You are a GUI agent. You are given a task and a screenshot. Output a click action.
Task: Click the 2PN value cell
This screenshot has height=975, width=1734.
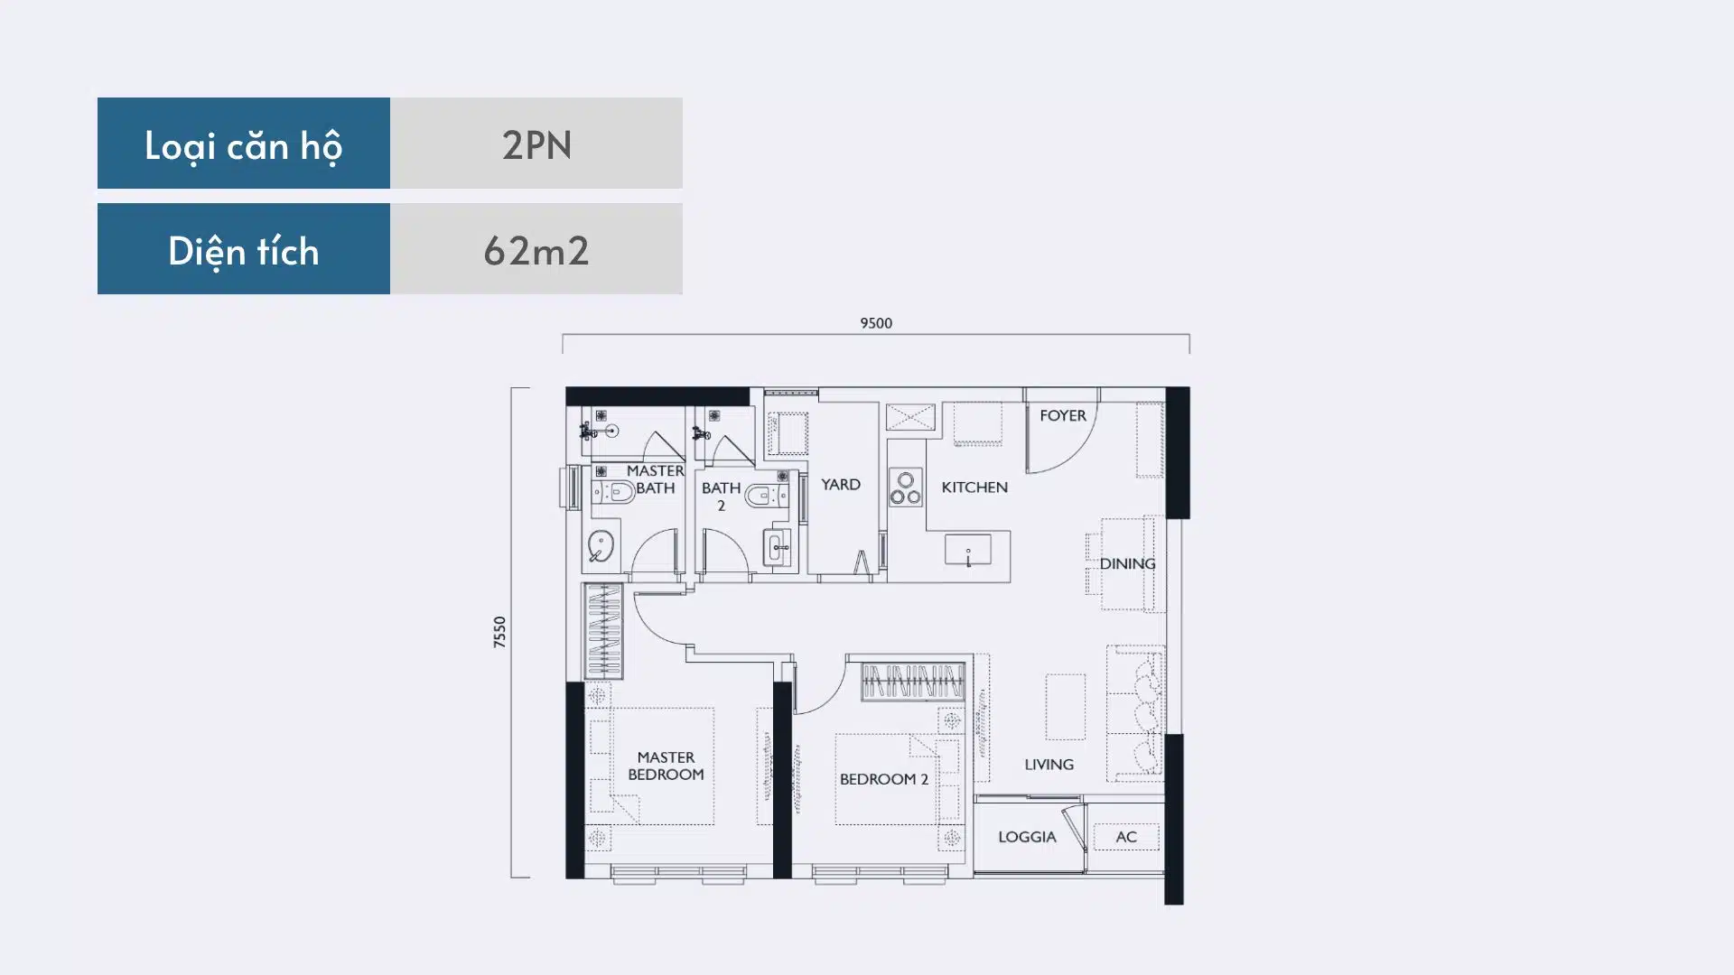(536, 144)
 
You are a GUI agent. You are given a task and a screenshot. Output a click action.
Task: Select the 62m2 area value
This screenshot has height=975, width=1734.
(536, 249)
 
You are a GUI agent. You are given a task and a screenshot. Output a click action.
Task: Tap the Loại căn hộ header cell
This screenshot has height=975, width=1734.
(244, 144)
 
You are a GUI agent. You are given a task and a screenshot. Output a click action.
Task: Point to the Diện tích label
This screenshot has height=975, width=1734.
(244, 251)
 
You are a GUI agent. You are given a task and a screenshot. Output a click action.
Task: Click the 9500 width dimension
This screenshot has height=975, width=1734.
(876, 323)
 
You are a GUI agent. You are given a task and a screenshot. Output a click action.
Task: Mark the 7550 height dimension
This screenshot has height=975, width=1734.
(499, 632)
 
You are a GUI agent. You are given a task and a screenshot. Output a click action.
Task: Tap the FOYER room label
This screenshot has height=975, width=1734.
(1063, 415)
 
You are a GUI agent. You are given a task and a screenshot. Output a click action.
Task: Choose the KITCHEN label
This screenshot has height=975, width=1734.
(974, 487)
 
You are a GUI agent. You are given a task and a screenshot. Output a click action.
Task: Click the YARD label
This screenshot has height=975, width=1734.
(841, 485)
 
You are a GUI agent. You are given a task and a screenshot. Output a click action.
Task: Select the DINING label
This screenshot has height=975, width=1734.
(1127, 564)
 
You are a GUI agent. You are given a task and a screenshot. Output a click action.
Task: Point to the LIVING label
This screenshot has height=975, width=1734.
(1049, 765)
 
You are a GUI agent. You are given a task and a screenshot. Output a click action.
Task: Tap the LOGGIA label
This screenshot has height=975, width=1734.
(1027, 837)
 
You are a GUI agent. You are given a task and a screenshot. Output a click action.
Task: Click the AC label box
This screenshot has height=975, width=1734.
(1126, 837)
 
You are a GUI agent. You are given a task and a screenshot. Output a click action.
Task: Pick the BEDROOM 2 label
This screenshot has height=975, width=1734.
(884, 779)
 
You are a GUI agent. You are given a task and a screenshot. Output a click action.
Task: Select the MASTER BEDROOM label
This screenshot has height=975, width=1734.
(666, 766)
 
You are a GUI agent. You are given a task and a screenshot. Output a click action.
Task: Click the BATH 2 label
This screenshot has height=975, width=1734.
(721, 497)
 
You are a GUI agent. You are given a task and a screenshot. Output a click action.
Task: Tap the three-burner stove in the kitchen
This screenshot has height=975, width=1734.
(906, 487)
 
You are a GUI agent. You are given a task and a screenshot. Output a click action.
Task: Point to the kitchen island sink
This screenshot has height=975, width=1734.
(968, 550)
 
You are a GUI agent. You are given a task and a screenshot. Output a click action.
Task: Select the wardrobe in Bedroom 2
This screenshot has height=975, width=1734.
(913, 682)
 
